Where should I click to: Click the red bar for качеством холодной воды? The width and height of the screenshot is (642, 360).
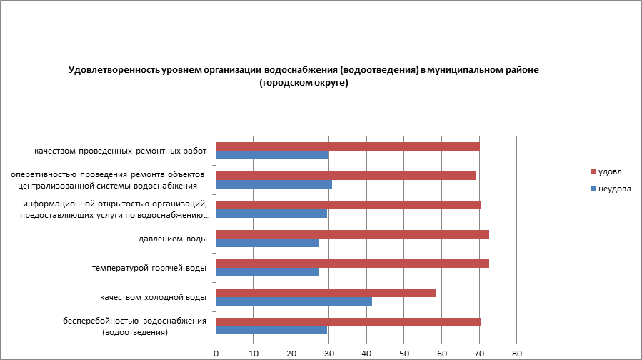tap(325, 293)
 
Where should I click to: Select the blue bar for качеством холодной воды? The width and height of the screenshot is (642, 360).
tap(294, 301)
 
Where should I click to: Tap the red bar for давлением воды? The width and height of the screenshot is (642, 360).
tap(352, 234)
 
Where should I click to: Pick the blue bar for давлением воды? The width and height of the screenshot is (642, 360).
tap(267, 243)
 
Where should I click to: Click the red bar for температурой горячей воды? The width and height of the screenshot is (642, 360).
tap(352, 264)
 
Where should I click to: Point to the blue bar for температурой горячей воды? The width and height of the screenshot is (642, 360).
tap(267, 272)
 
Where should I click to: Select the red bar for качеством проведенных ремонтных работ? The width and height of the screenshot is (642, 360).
tap(347, 146)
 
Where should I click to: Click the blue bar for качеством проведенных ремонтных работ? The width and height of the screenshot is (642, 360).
tap(272, 155)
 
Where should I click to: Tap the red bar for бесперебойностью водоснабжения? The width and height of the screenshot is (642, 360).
tap(348, 322)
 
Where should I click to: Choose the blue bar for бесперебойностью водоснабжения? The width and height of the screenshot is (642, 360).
tap(271, 331)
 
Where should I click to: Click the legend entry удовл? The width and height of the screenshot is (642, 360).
tap(609, 172)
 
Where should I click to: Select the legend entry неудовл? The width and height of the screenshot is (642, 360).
tap(613, 189)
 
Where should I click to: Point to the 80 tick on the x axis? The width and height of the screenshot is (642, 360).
tap(517, 353)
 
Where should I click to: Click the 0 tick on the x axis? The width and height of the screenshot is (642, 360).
tap(216, 353)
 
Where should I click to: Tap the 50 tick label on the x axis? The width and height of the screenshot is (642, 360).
tap(404, 353)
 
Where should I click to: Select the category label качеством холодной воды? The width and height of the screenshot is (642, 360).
tap(153, 297)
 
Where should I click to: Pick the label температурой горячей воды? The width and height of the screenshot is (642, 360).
tap(149, 268)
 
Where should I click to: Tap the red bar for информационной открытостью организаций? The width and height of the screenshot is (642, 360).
tap(348, 205)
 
